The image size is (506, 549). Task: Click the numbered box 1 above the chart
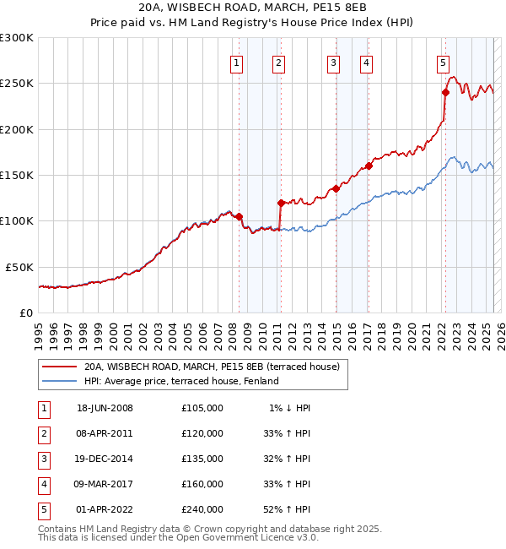pos(236,62)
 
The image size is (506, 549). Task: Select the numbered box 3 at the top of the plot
pos(334,62)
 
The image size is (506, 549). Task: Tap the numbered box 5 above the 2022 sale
pos(443,62)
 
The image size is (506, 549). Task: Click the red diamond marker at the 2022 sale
pos(445,93)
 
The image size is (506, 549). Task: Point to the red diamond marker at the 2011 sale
pos(281,203)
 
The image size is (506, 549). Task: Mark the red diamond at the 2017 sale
pos(369,166)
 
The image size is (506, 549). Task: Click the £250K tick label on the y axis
pos(17,84)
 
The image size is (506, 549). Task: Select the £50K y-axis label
pos(19,267)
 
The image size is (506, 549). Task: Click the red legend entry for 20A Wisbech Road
pos(212,367)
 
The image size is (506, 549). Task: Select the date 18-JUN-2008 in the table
pos(105,408)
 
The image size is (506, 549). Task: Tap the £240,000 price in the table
pos(202,509)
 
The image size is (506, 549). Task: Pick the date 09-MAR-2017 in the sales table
pos(105,484)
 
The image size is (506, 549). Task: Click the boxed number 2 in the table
pos(42,433)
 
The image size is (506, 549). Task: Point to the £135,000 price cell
pos(202,459)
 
